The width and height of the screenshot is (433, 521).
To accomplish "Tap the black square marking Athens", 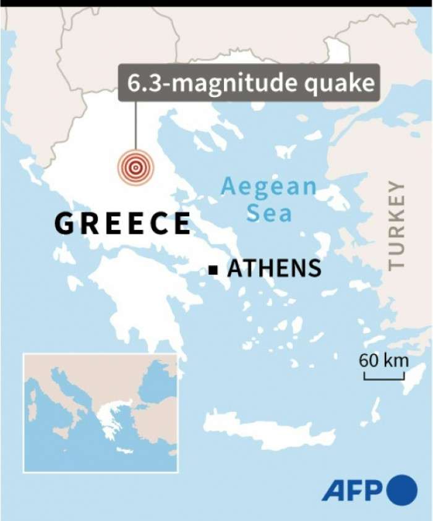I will coord(213,269).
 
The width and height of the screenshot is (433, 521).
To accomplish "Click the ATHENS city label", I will coord(274,269).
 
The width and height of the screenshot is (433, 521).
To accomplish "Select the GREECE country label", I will coord(122,223).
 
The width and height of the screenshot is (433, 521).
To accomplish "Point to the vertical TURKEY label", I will coord(396,225).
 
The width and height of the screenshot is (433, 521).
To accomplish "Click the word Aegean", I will coord(268,187).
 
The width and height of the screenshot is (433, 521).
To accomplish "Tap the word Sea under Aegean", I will coord(268,213).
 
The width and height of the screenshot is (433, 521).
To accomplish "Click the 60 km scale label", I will coord(384,360).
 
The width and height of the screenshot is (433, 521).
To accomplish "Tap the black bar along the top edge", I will coord(216,3).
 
